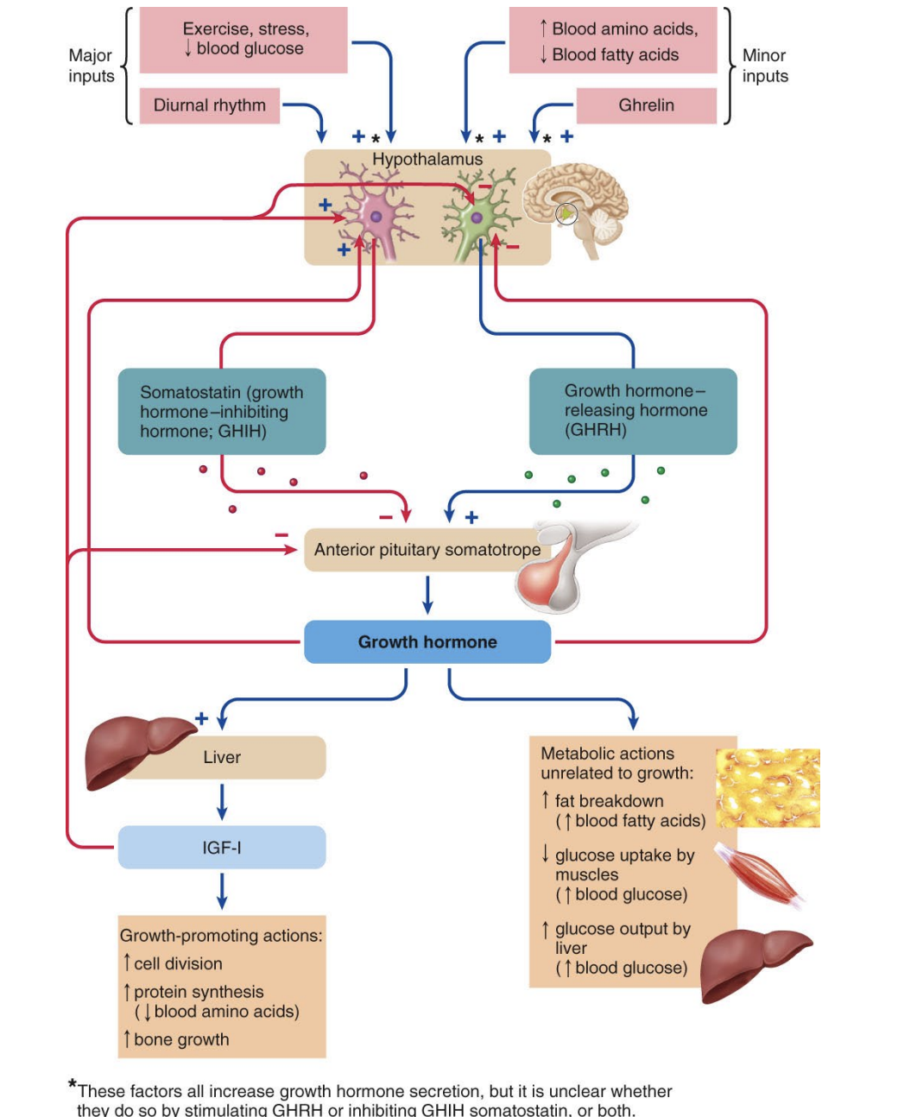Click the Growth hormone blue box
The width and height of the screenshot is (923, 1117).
(x=427, y=642)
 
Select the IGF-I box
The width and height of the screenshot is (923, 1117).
(x=222, y=848)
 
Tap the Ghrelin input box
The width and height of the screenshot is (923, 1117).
(x=646, y=105)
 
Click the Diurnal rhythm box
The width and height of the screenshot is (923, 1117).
(x=210, y=105)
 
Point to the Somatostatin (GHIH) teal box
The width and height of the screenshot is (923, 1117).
(x=222, y=412)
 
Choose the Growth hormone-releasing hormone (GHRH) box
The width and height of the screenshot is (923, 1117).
(x=633, y=411)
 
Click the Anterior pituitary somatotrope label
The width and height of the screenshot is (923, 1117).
(x=427, y=550)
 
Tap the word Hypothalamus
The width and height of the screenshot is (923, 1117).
(x=427, y=160)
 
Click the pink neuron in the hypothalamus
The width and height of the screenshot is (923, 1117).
(x=375, y=216)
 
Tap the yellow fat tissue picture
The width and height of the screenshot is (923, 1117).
(x=768, y=787)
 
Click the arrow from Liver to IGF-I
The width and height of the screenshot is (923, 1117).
(x=222, y=802)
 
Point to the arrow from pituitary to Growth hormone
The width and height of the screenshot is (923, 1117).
(x=427, y=595)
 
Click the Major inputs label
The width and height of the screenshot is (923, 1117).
(x=91, y=66)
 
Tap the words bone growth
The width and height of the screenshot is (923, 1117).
(x=181, y=1040)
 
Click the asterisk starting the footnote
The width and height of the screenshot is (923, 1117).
(x=73, y=1084)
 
